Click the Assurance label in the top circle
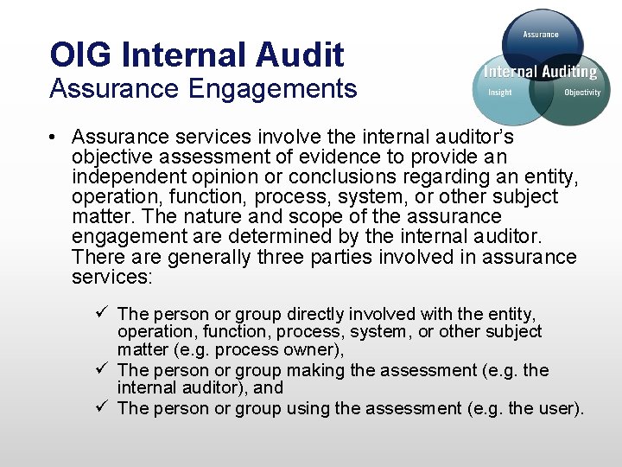pyautogui.click(x=540, y=35)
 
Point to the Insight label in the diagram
pyautogui.click(x=499, y=93)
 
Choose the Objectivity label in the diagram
pyautogui.click(x=582, y=93)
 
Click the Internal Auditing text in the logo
pyautogui.click(x=540, y=72)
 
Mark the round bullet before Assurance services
pyautogui.click(x=53, y=138)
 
